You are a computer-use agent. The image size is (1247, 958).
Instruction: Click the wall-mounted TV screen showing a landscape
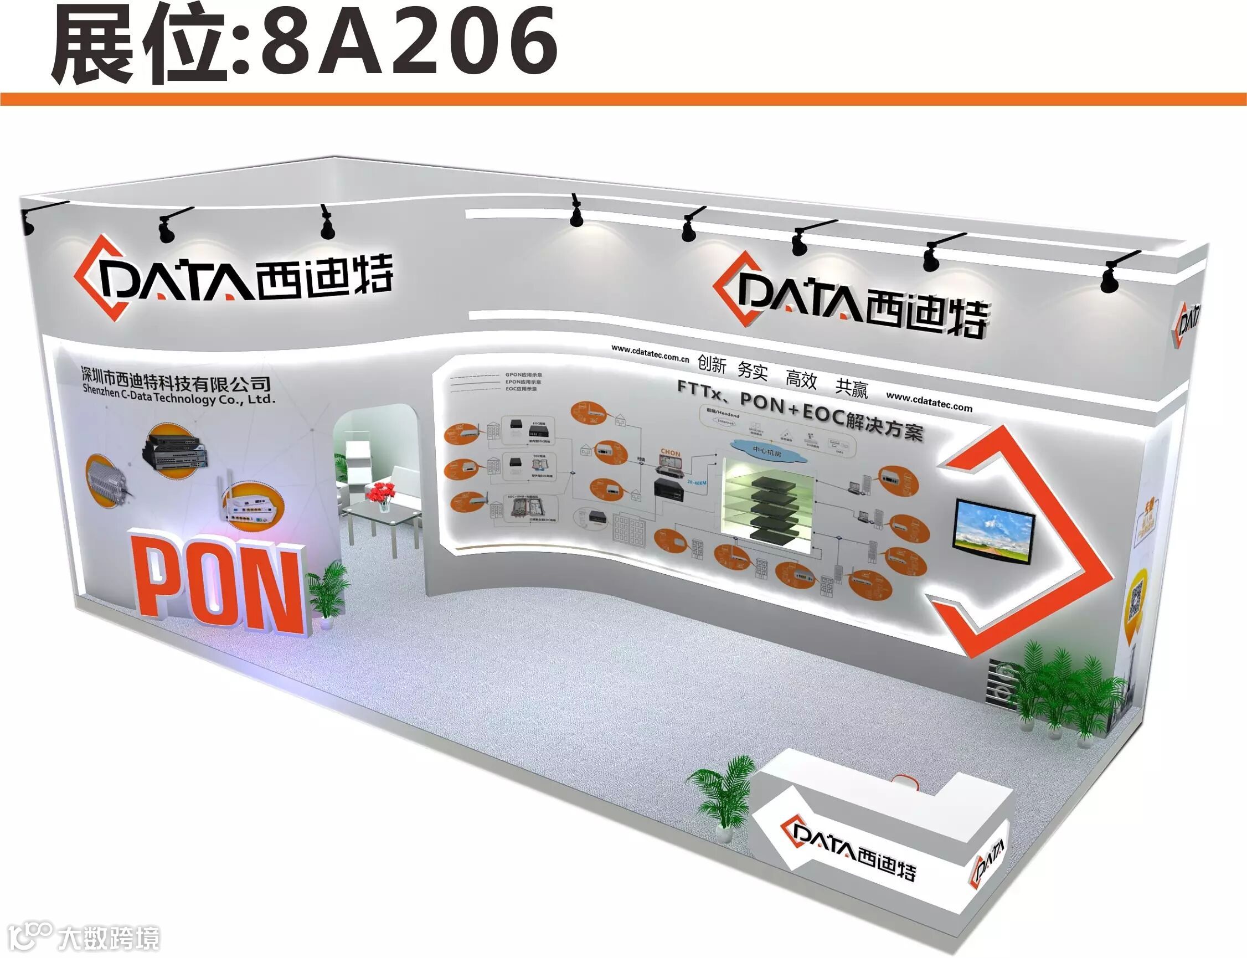(994, 531)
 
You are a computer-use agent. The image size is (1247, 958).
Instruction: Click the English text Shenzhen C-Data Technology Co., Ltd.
(178, 395)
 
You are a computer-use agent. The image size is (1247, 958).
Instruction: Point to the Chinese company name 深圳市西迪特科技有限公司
(175, 379)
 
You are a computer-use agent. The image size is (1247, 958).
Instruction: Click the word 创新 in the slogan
(712, 363)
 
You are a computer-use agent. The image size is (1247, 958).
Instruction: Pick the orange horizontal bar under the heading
(623, 99)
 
